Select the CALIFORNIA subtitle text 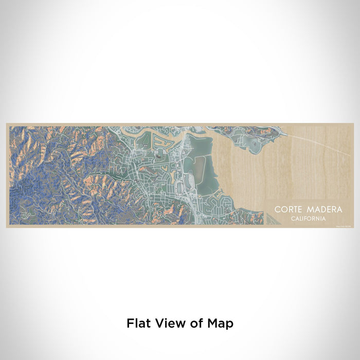(308, 218)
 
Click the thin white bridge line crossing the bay (319, 145)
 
